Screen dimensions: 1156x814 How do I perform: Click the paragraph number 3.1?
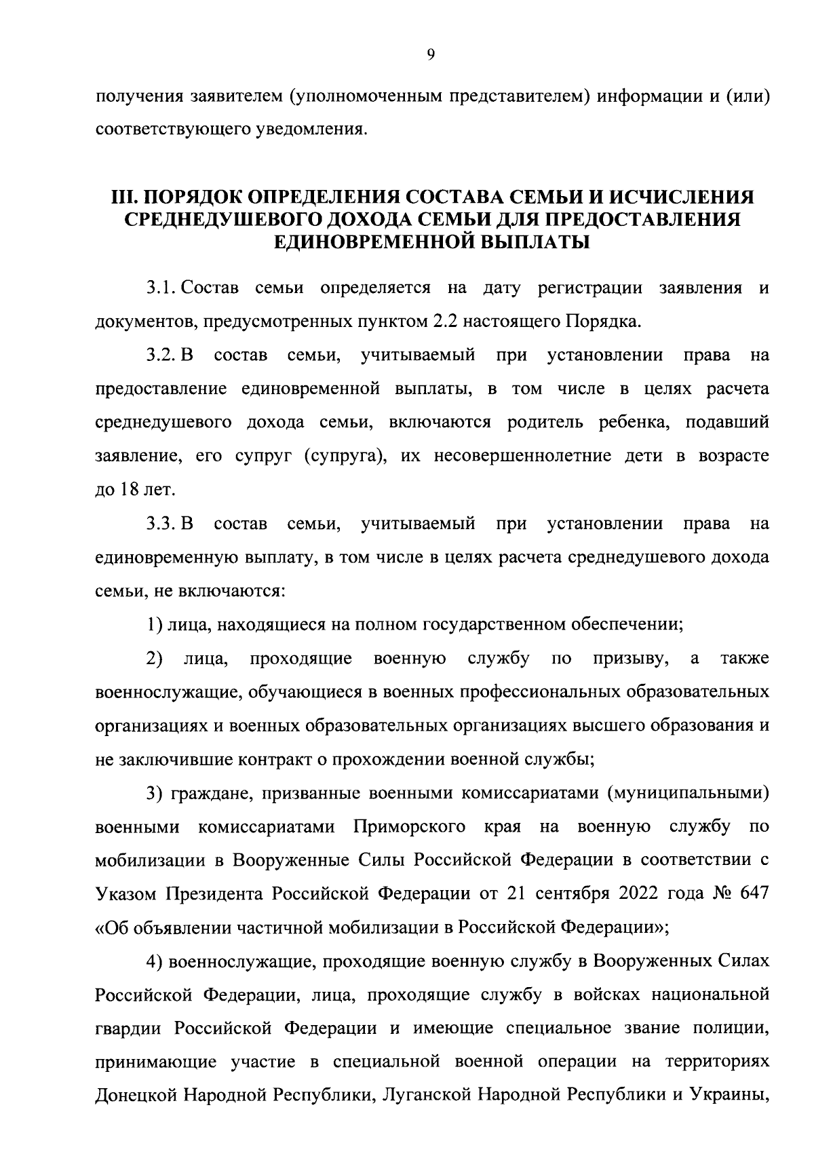point(161,288)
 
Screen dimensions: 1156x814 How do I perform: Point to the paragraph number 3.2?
point(161,355)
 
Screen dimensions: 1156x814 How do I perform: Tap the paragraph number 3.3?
point(161,524)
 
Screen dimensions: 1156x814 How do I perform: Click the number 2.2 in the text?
point(446,322)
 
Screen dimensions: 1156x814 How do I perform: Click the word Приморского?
point(410,827)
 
